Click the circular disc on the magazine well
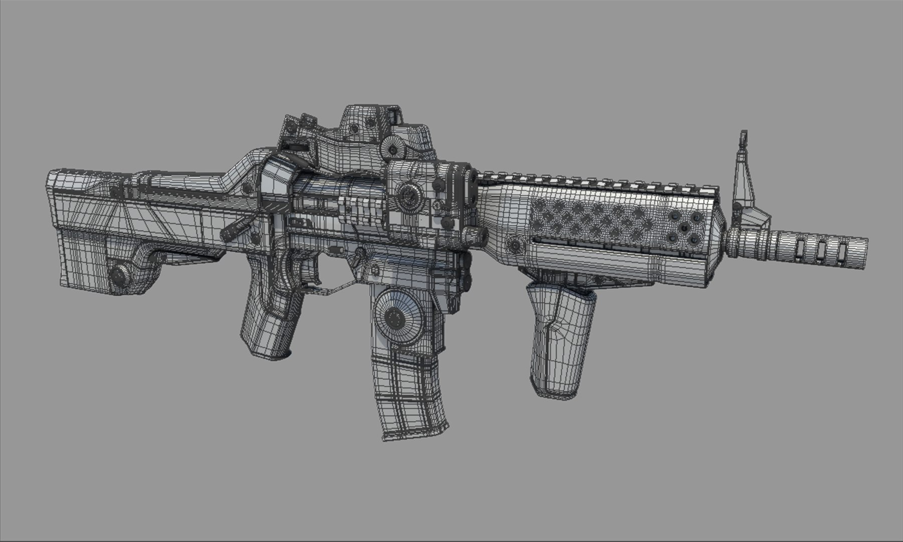click(396, 316)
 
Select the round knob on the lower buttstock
click(120, 276)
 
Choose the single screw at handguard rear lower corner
click(515, 246)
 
